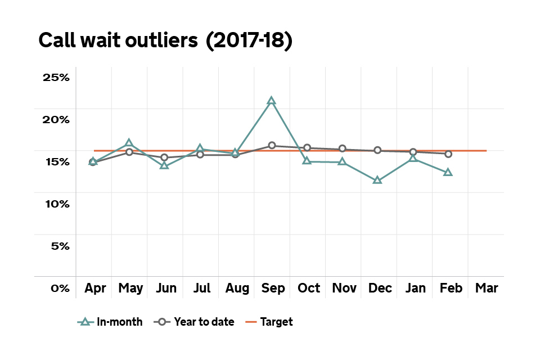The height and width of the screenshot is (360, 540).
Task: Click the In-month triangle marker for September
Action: coord(271,101)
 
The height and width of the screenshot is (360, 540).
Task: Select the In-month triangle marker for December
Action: coord(377,181)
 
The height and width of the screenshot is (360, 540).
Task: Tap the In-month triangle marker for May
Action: coord(129,143)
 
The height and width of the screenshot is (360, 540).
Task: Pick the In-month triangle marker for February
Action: coord(448,172)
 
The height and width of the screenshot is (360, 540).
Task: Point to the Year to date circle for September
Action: coord(272,146)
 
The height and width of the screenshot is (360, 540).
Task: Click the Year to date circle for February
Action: coord(448,154)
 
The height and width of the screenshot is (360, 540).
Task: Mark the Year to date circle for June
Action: coord(164,157)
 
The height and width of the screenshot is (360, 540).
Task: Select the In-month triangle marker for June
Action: coord(164,165)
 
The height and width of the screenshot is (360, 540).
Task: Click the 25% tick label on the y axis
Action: coord(56,77)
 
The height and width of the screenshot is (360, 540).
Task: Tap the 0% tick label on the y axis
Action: coord(60,288)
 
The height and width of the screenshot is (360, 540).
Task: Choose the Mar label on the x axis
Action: coord(487,288)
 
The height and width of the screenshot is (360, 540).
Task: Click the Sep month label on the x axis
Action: coord(273,288)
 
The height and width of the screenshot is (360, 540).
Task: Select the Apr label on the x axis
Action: coord(96,288)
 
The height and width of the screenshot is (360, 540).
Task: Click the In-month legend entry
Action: coord(110,322)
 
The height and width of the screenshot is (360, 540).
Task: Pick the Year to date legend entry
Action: coord(195,322)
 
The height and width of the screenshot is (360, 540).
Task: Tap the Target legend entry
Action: coord(269,322)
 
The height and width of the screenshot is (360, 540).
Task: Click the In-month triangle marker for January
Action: coord(413,159)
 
